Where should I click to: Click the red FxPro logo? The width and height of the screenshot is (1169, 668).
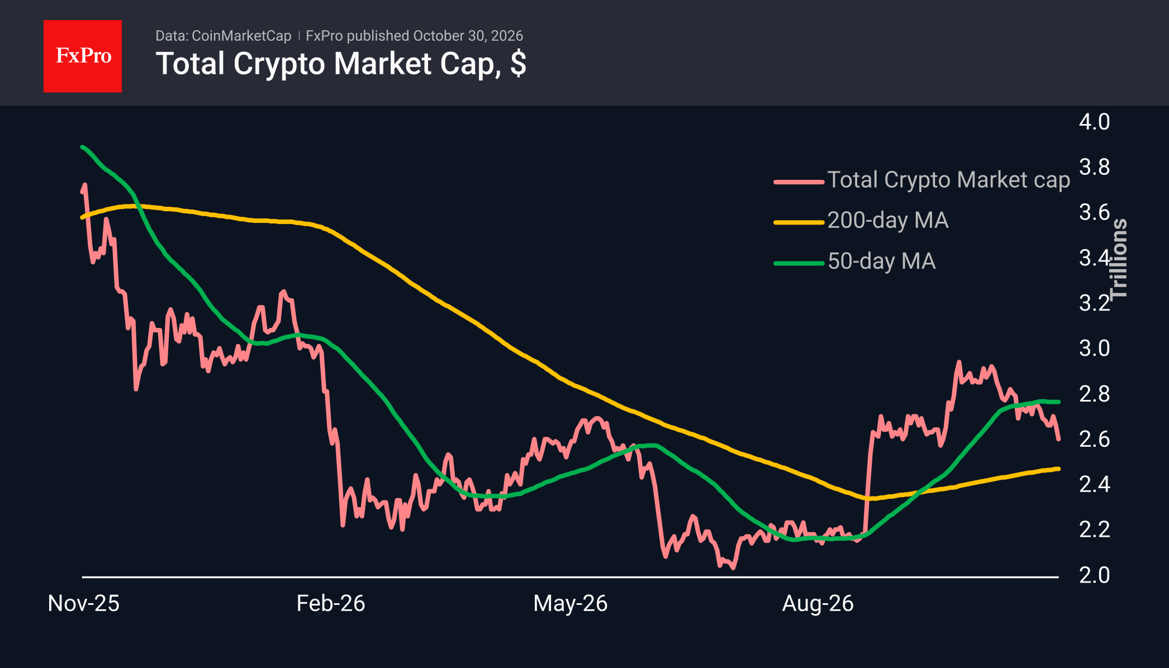pos(83,56)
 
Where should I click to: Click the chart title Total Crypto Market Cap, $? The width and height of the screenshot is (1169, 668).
pos(341,64)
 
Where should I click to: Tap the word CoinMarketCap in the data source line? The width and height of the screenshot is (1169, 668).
pos(241,36)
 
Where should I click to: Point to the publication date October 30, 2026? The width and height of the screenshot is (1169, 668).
pos(468,36)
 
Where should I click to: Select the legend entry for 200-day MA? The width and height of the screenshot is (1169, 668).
pos(888,221)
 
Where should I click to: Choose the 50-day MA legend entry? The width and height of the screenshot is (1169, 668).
pos(882,261)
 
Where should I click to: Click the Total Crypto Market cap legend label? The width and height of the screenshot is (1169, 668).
pos(949,180)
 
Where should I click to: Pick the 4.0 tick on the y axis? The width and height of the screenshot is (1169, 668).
pos(1094,122)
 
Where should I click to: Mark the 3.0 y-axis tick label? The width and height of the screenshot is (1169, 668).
pos(1094,349)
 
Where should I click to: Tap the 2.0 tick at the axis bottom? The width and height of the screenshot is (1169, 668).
pos(1094,575)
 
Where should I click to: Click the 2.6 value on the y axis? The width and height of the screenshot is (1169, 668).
pos(1094,439)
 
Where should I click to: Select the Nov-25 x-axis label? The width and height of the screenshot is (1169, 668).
pos(84,603)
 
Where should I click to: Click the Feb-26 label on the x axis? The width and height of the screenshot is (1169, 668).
pos(331,603)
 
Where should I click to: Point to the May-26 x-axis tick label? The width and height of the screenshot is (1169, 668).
pos(571,603)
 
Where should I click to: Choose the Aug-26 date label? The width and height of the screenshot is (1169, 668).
pos(818,603)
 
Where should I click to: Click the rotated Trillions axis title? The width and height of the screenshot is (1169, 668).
pos(1119,259)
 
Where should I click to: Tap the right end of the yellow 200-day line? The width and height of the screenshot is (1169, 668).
pos(1058,469)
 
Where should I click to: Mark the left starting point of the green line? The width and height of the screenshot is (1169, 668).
pos(82,147)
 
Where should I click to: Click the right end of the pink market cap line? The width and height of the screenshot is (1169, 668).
pos(1058,439)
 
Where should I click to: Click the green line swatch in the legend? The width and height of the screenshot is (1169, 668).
pos(799,263)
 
